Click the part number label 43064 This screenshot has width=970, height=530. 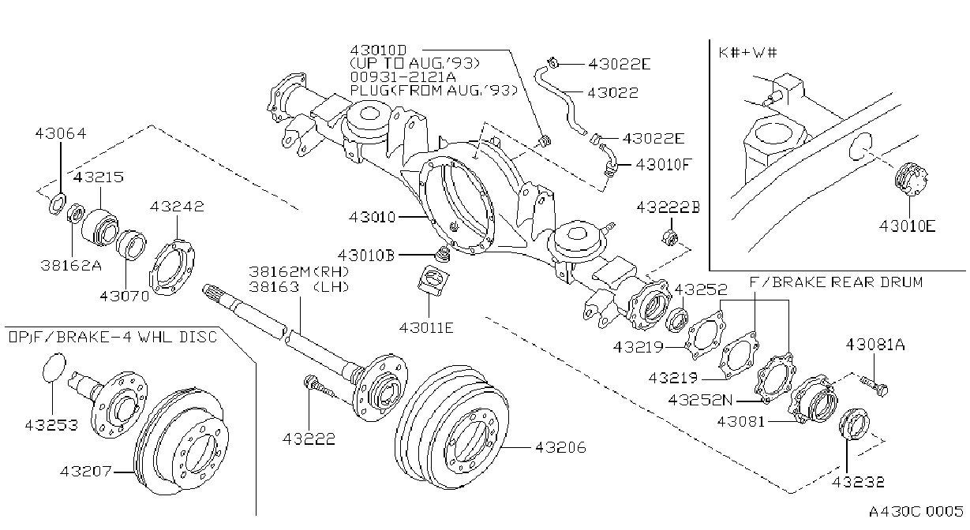(x=61, y=133)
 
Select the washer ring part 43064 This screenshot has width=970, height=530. (x=57, y=203)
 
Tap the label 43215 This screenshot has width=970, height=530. (x=99, y=177)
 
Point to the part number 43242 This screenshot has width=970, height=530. (x=177, y=207)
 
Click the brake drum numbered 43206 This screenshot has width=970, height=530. (x=451, y=427)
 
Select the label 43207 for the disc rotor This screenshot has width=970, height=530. (x=86, y=471)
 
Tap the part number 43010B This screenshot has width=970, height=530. (x=366, y=256)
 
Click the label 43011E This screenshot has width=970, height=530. (x=426, y=328)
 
